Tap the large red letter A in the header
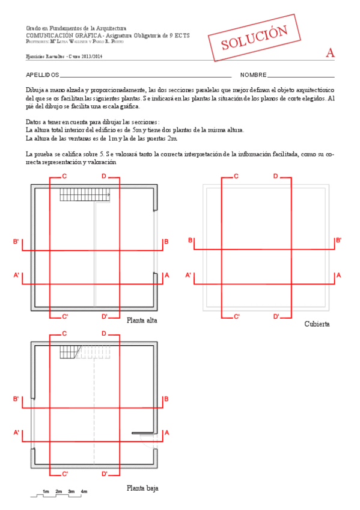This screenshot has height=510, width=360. [330, 53]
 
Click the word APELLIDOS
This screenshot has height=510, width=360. [42, 75]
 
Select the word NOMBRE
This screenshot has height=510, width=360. [253, 75]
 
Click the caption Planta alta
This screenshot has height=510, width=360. [142, 321]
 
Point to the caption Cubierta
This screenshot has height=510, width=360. [317, 324]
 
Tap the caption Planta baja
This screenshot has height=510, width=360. [142, 488]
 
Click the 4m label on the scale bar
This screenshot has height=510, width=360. [84, 492]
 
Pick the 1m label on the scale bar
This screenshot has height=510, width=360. [46, 492]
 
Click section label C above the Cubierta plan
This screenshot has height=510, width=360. [236, 176]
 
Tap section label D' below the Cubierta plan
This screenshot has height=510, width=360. [277, 316]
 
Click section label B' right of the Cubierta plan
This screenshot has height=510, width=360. [338, 241]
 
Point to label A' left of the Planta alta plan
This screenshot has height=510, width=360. [17, 275]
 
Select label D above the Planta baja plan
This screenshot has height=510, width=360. [104, 333]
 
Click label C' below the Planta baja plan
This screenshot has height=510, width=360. [65, 474]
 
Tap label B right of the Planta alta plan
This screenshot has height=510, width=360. [166, 242]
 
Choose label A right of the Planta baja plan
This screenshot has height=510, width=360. [166, 432]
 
